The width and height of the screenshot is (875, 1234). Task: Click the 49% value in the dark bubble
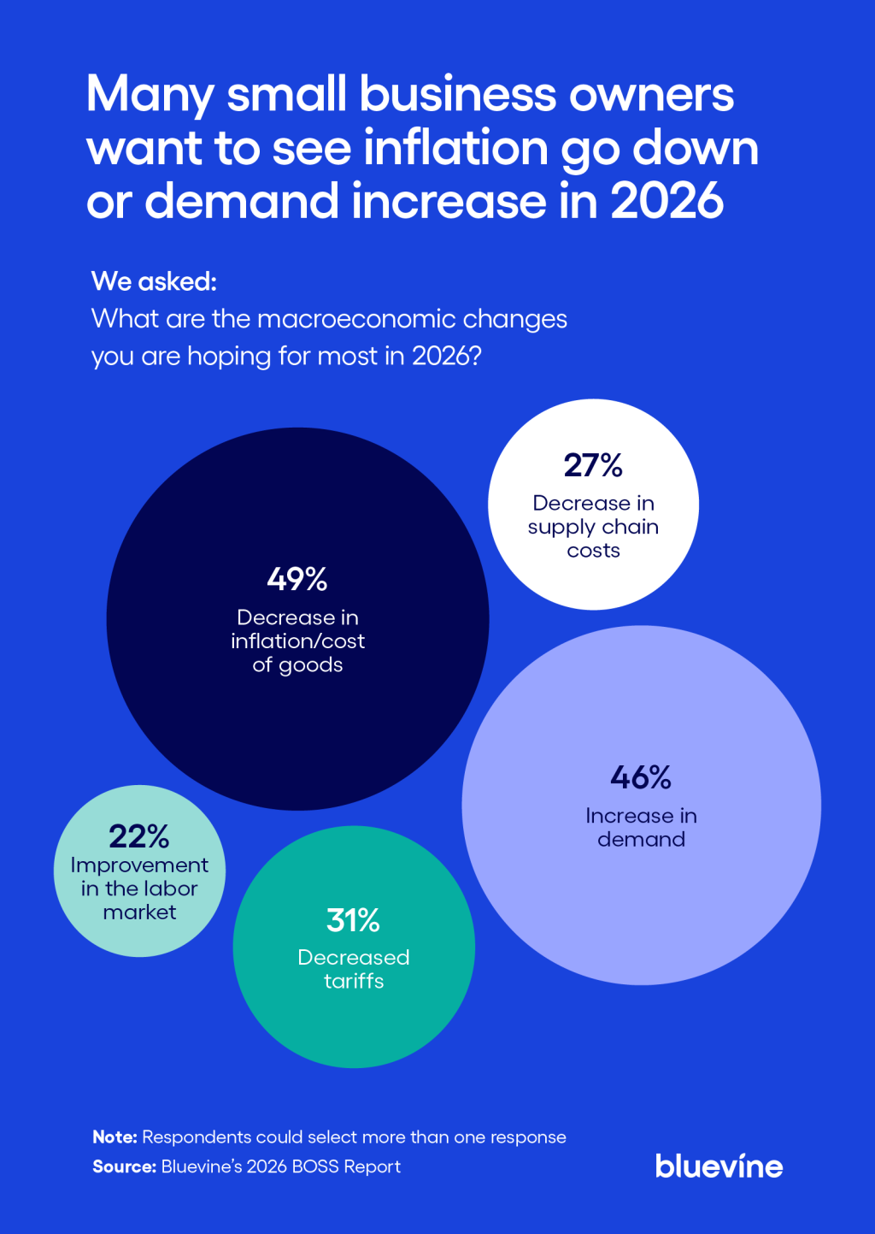[x=297, y=580]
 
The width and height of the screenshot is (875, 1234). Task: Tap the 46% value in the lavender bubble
[x=641, y=777]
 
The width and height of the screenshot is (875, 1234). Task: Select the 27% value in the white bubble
[x=593, y=465]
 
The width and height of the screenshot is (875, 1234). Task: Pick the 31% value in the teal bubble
[x=353, y=920]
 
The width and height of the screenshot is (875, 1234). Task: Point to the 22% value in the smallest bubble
[x=139, y=835]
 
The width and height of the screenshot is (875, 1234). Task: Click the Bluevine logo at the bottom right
[x=719, y=1166]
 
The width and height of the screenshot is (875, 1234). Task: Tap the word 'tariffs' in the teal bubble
[x=354, y=981]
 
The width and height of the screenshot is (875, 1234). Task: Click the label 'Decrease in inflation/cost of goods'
[x=297, y=641]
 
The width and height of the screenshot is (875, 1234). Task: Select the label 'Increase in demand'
[x=641, y=827]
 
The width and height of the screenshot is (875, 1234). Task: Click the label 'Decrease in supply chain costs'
[x=593, y=526]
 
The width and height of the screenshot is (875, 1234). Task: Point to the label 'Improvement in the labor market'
[x=139, y=889]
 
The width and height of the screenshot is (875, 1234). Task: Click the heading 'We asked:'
[x=154, y=281]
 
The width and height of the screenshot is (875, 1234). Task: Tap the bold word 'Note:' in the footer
[x=115, y=1137]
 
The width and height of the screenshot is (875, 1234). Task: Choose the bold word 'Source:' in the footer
[x=124, y=1166]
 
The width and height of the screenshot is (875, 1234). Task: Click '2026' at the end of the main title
[x=667, y=201]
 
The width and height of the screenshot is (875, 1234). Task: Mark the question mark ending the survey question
[x=476, y=356]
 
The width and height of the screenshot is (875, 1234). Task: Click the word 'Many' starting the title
[x=150, y=94]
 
